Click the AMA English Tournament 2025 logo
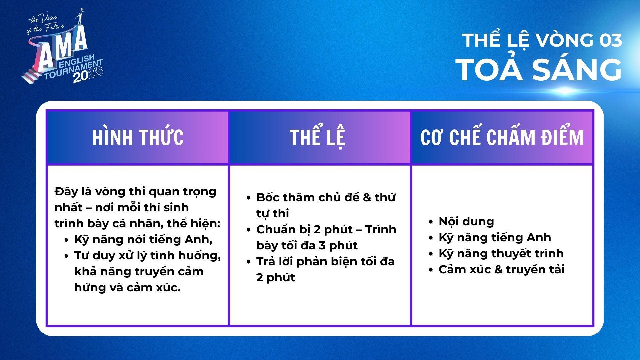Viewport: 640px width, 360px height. [63, 47]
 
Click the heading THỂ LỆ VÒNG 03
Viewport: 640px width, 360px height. [542, 41]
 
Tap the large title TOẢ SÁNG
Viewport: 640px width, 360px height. [541, 69]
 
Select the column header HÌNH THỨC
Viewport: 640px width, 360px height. [138, 137]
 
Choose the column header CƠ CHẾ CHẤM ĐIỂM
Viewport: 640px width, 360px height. [502, 137]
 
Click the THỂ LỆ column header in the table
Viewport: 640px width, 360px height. [317, 137]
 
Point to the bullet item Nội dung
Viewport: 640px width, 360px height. [466, 221]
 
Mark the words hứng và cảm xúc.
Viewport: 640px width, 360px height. [128, 287]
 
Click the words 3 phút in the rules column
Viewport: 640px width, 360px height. [338, 245]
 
